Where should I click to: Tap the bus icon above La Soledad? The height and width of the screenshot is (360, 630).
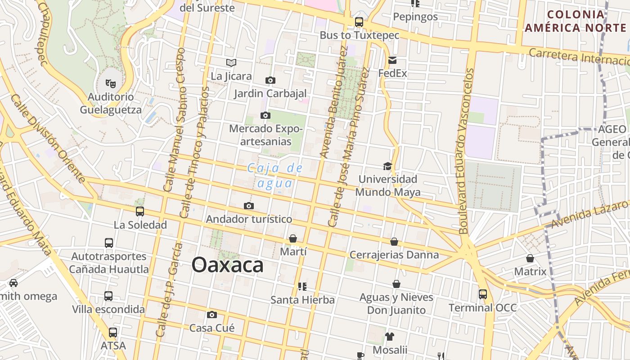pyautogui.click(x=140, y=211)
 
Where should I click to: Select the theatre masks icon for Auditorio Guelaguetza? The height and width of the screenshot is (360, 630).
pyautogui.click(x=110, y=83)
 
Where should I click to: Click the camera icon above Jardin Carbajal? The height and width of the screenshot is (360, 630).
pyautogui.click(x=270, y=80)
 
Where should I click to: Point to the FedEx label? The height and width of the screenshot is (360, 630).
pyautogui.click(x=392, y=73)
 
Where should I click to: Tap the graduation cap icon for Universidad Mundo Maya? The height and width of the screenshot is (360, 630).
pyautogui.click(x=387, y=166)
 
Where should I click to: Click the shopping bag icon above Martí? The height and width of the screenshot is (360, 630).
pyautogui.click(x=293, y=238)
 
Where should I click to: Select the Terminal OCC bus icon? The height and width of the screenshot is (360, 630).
pyautogui.click(x=483, y=294)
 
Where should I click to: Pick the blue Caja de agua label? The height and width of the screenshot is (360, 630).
pyautogui.click(x=275, y=175)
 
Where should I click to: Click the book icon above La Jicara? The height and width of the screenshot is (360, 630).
pyautogui.click(x=231, y=63)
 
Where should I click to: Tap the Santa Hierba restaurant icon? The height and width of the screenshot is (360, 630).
pyautogui.click(x=302, y=286)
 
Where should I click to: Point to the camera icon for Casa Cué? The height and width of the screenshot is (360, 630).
pyautogui.click(x=212, y=315)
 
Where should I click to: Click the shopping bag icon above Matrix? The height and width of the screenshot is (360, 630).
pyautogui.click(x=530, y=258)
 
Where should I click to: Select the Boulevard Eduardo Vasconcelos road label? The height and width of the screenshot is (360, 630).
pyautogui.click(x=466, y=151)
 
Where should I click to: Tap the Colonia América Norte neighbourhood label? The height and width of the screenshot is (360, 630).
pyautogui.click(x=576, y=21)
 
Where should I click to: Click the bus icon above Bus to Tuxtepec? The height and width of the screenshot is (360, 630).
pyautogui.click(x=359, y=22)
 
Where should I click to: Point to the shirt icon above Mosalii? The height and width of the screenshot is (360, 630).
pyautogui.click(x=390, y=337)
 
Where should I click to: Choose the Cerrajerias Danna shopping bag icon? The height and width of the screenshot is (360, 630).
pyautogui.click(x=394, y=242)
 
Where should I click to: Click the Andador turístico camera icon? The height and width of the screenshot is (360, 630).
pyautogui.click(x=249, y=206)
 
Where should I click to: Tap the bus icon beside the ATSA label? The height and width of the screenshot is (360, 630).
pyautogui.click(x=113, y=333)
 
